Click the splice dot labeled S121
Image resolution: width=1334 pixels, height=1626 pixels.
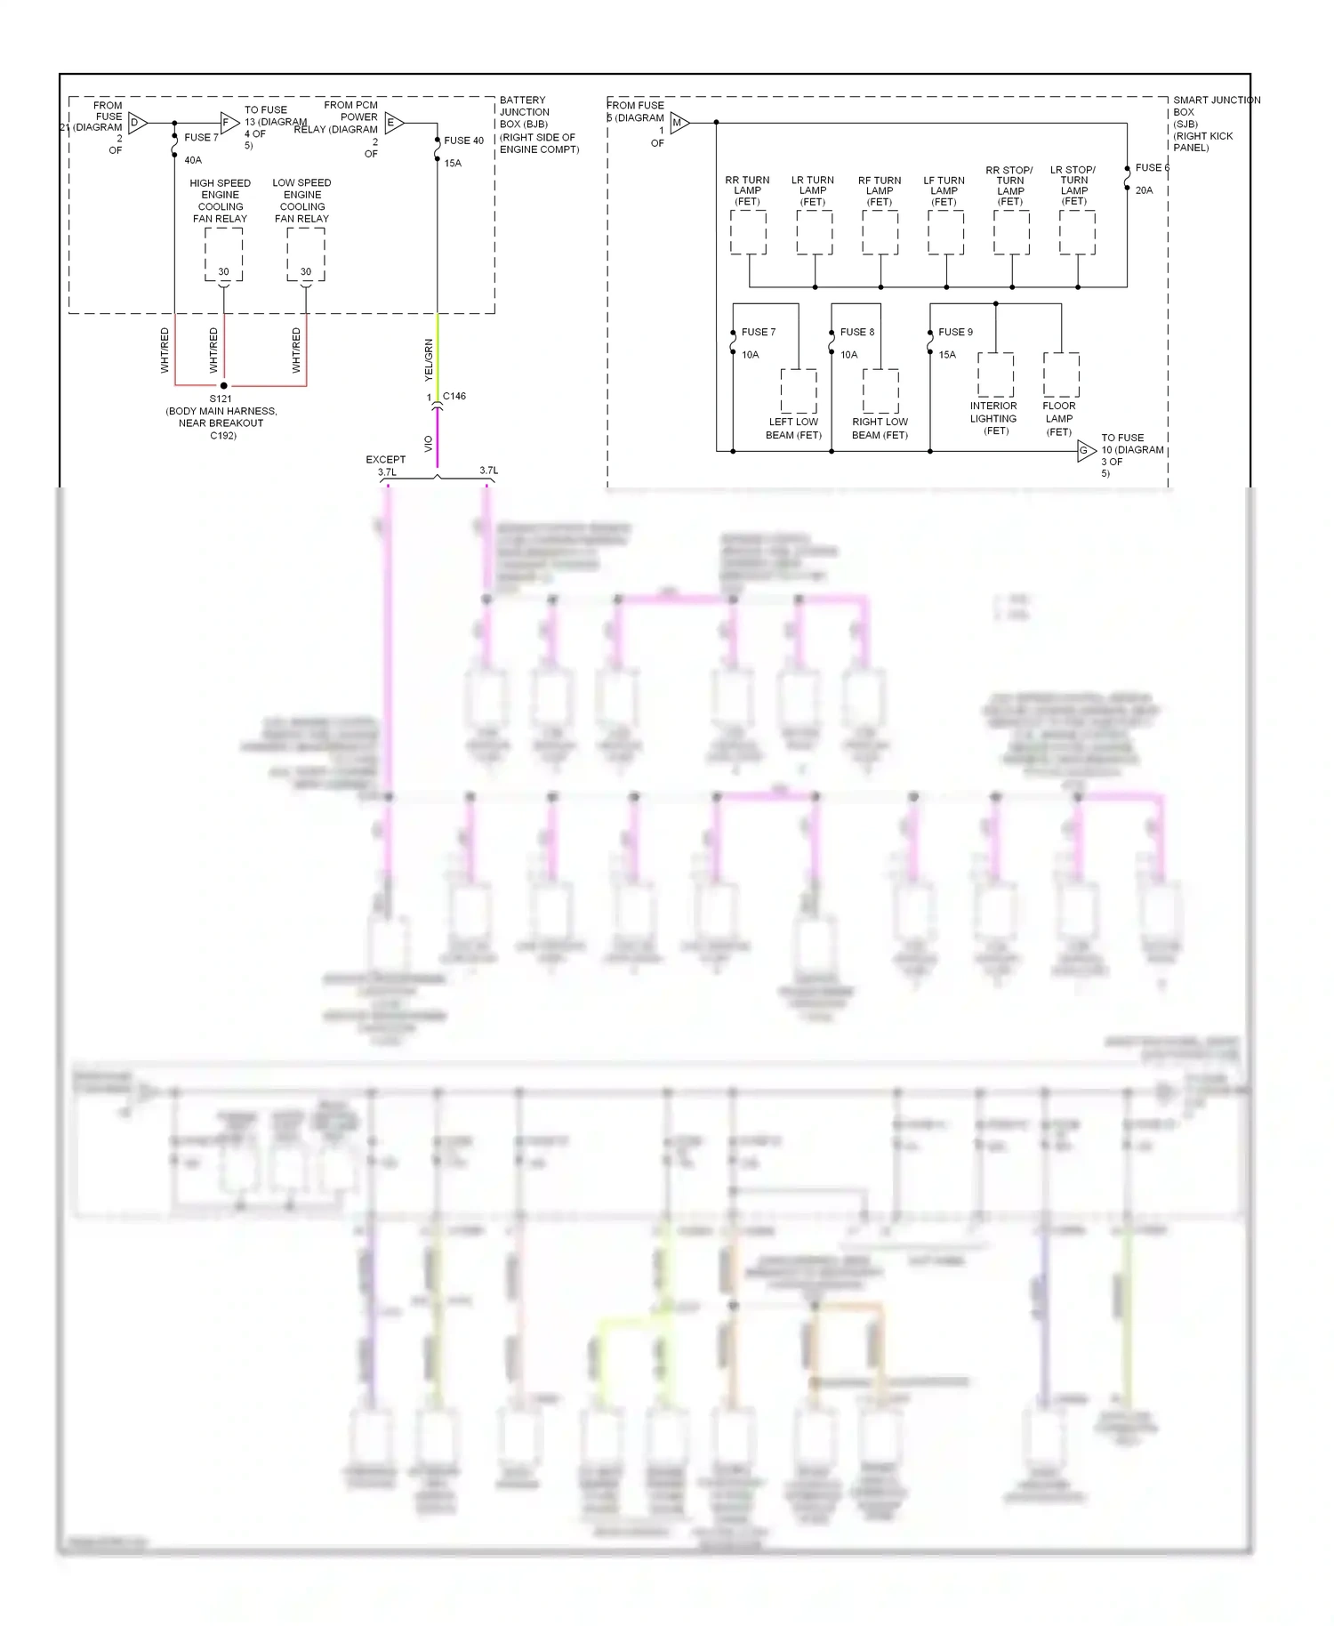click(x=223, y=385)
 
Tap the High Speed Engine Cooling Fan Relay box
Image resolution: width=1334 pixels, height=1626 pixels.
click(x=223, y=254)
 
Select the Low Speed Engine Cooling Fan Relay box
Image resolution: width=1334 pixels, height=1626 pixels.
click(x=306, y=254)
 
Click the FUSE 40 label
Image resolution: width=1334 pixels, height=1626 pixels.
click(x=463, y=141)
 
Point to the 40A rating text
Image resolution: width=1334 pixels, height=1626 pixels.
click(x=193, y=160)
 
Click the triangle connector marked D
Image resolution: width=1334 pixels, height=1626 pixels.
click(x=137, y=123)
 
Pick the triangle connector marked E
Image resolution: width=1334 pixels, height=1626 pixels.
click(x=393, y=123)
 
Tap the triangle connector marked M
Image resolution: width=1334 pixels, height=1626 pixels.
click(x=679, y=123)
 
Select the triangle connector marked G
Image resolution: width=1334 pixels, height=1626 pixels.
click(x=1085, y=451)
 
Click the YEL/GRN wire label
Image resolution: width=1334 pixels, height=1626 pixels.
click(x=429, y=360)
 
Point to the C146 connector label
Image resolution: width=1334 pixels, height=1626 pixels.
click(x=454, y=396)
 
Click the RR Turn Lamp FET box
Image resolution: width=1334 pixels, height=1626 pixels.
click(x=748, y=233)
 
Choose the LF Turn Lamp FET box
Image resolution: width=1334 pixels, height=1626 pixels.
click(x=945, y=233)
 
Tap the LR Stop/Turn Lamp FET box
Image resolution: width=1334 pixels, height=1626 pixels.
click(x=1077, y=233)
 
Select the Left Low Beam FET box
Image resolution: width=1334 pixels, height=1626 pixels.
click(x=799, y=391)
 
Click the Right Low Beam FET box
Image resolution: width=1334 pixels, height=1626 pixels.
click(x=880, y=391)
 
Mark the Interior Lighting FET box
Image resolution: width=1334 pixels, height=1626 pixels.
click(x=995, y=374)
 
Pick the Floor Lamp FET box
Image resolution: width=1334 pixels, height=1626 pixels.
click(x=1061, y=374)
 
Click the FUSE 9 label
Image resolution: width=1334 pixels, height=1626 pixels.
click(x=955, y=332)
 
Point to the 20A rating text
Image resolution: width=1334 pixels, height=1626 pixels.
click(x=1144, y=190)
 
